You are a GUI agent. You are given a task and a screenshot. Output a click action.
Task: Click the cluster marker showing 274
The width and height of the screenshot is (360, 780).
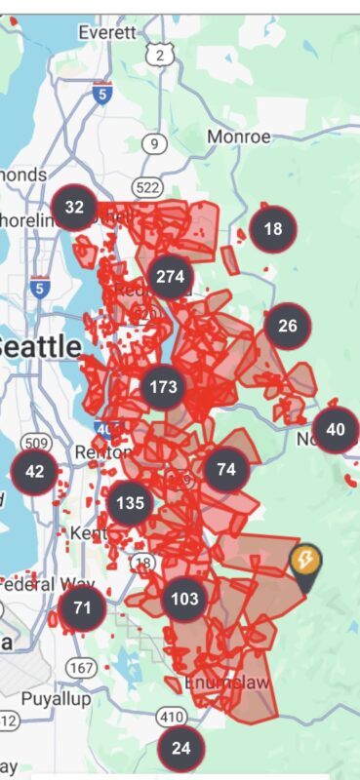tap(170, 277)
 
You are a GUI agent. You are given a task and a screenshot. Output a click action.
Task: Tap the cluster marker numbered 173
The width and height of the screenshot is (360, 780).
tap(163, 387)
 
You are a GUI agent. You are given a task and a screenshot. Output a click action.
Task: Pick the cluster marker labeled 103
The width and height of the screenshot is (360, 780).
tap(182, 599)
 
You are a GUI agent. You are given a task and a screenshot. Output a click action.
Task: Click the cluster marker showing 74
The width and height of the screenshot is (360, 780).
tap(226, 470)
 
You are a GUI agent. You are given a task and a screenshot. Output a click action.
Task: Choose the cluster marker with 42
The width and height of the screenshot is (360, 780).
tap(34, 472)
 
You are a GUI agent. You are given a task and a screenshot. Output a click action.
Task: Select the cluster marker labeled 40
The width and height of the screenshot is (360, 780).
tap(336, 429)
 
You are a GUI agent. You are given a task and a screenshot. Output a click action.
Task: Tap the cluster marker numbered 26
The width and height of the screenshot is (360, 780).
tap(288, 326)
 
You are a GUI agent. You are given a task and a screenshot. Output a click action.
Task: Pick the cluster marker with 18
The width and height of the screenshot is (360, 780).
tap(273, 229)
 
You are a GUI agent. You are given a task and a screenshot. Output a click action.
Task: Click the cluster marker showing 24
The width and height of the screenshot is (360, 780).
tap(181, 749)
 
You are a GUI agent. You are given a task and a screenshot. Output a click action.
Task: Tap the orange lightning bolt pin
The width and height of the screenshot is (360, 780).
tap(304, 562)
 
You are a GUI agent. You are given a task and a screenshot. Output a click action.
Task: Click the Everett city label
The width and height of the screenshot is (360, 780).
tap(108, 32)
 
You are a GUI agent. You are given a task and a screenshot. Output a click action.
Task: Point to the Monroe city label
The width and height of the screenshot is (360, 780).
tap(238, 137)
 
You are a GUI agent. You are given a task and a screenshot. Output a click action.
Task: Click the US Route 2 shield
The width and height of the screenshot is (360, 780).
tap(160, 57)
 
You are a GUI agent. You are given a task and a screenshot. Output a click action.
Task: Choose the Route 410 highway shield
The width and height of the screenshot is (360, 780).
tap(172, 717)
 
